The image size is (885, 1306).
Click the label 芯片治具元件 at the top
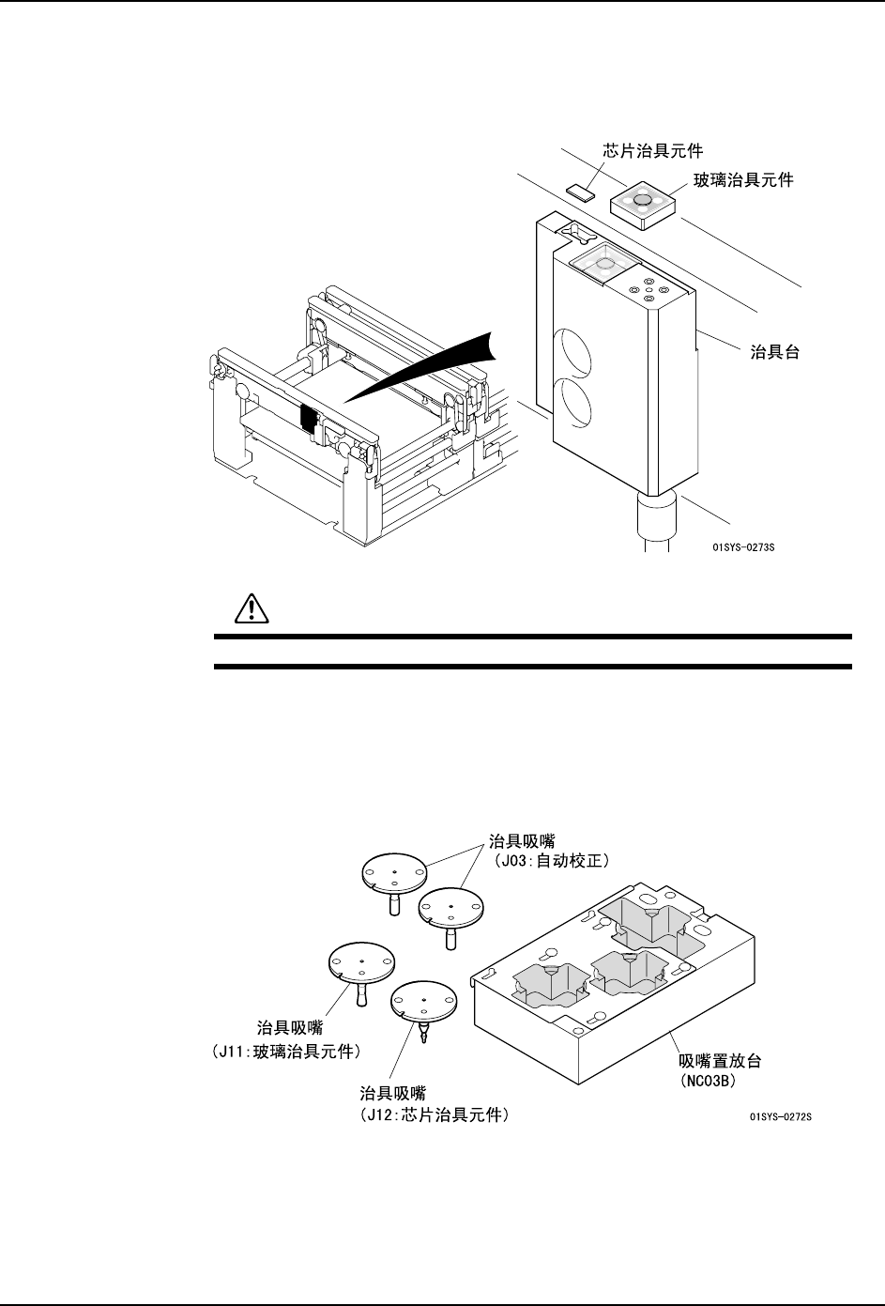(651, 150)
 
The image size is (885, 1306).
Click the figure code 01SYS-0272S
(780, 1116)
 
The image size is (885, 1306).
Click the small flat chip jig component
(580, 192)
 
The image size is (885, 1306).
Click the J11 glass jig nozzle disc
(361, 964)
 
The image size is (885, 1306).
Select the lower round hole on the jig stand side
(574, 401)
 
